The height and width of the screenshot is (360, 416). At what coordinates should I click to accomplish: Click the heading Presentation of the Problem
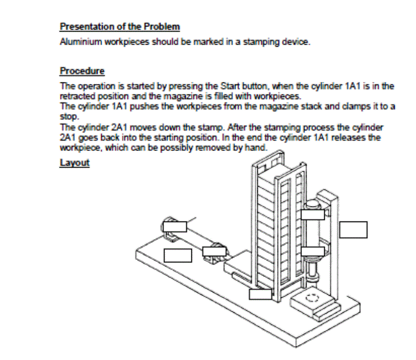coord(120,26)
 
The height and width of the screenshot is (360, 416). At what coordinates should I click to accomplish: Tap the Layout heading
coord(75,162)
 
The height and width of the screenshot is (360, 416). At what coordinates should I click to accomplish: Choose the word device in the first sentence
coord(297,42)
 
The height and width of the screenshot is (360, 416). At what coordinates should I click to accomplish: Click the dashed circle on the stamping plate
coord(311,298)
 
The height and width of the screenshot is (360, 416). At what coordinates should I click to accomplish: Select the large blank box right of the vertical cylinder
coord(353,229)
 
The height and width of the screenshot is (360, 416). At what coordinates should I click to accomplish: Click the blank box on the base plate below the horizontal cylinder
coord(178,255)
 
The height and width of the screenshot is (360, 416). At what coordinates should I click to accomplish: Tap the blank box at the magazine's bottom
coord(260,294)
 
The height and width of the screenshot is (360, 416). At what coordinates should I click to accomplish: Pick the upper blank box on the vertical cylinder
coord(313,214)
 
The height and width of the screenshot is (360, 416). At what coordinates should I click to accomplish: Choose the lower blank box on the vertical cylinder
coord(313,252)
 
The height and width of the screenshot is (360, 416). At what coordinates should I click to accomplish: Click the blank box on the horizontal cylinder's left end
coord(174,226)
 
